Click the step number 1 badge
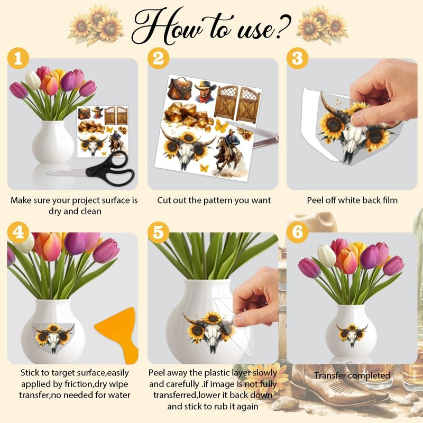18,58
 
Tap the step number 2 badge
158,58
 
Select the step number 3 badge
297,58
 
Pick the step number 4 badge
18,232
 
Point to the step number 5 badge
158,232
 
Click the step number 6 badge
297,232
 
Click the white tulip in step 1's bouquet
33,80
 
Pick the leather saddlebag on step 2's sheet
180,88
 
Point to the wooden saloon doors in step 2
237,103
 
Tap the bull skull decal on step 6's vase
352,335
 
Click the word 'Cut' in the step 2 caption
164,200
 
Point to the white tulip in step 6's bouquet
326,256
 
